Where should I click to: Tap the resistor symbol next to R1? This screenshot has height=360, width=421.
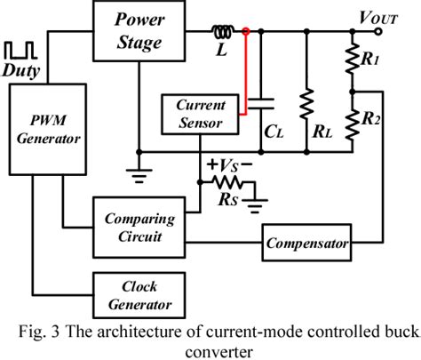coord(353,62)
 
